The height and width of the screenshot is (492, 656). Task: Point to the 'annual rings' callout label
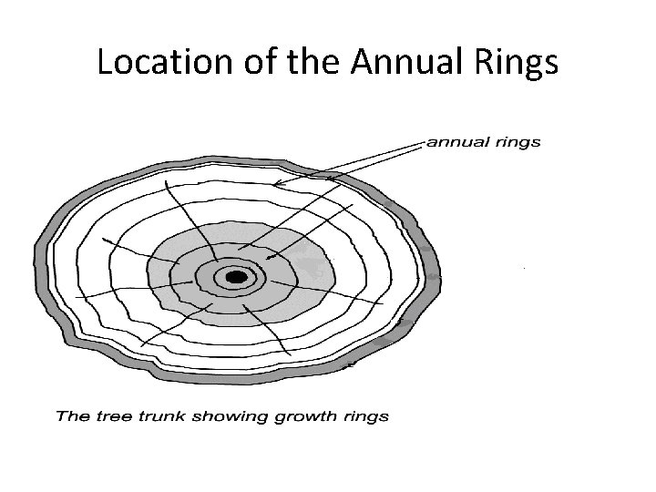point(484,141)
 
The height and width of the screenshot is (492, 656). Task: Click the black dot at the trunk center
point(236,276)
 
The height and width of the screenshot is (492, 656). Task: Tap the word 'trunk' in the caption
point(149,416)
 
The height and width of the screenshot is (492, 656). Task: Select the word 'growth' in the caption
point(290,417)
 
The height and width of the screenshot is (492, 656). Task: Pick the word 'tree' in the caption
point(103,416)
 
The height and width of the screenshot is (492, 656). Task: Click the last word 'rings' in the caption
point(364,417)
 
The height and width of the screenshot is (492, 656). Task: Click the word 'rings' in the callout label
point(518,141)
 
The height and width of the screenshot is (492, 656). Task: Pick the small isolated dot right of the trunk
point(523,268)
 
